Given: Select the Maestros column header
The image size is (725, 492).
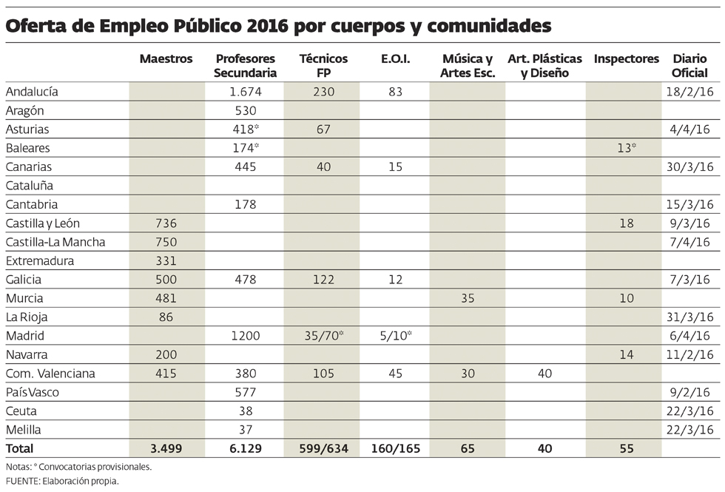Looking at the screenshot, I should coord(166,59).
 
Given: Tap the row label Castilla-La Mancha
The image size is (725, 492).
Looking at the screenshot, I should coord(55,242).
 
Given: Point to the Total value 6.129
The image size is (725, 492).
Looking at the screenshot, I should coord(245,448).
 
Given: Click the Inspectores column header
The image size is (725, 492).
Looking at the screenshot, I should coord(626,59).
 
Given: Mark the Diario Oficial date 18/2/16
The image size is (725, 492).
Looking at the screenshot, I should coord(688,92).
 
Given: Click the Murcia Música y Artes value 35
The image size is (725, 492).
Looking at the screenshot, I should coord(468,298).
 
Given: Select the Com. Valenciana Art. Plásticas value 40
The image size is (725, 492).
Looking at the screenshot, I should coord(545,374).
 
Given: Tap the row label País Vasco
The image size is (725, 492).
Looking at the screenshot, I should coord(32,392).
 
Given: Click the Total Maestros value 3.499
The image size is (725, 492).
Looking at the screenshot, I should coord(166,448).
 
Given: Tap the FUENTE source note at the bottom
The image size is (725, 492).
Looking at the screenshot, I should coord(62,481).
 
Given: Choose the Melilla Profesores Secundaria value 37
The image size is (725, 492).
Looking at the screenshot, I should coord(245,430).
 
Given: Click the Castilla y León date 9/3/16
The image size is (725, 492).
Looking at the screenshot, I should coord(691,223).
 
